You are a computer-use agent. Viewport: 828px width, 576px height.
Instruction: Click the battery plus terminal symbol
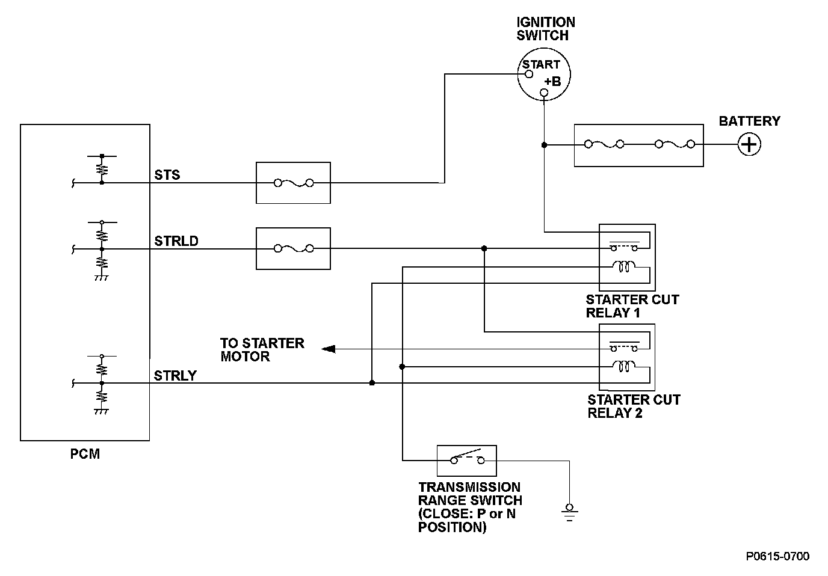pyautogui.click(x=749, y=145)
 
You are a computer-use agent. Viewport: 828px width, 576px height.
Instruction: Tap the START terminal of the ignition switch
pyautogui.click(x=529, y=74)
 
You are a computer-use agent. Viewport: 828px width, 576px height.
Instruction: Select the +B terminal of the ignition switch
pyautogui.click(x=544, y=93)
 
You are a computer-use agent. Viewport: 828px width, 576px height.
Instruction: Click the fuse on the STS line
pyautogui.click(x=293, y=183)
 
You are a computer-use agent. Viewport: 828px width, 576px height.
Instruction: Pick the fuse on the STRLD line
pyautogui.click(x=293, y=248)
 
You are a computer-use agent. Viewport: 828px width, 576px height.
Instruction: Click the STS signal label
pyautogui.click(x=167, y=175)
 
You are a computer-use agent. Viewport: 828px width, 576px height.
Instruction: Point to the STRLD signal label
pyautogui.click(x=176, y=241)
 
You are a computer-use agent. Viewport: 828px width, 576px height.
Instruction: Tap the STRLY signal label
pyautogui.click(x=175, y=376)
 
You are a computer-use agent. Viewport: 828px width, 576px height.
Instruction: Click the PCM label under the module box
pyautogui.click(x=85, y=454)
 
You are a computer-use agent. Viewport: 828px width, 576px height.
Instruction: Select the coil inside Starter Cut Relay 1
pyautogui.click(x=623, y=266)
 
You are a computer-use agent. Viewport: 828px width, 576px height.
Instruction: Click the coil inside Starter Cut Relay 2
pyautogui.click(x=623, y=366)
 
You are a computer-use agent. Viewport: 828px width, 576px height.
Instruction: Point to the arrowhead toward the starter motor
pyautogui.click(x=329, y=349)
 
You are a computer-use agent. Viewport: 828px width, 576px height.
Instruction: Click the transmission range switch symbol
pyautogui.click(x=467, y=460)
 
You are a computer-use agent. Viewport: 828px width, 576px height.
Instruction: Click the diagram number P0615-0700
pyautogui.click(x=777, y=556)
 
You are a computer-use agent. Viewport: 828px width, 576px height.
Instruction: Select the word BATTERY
pyautogui.click(x=749, y=121)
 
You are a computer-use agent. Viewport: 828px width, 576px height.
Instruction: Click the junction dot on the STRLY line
pyautogui.click(x=372, y=383)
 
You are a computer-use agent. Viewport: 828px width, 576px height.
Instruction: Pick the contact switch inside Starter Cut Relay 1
pyautogui.click(x=623, y=247)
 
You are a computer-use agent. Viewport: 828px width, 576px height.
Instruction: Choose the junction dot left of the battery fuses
pyautogui.click(x=544, y=145)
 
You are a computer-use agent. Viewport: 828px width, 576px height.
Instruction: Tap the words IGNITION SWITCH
pyautogui.click(x=546, y=29)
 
